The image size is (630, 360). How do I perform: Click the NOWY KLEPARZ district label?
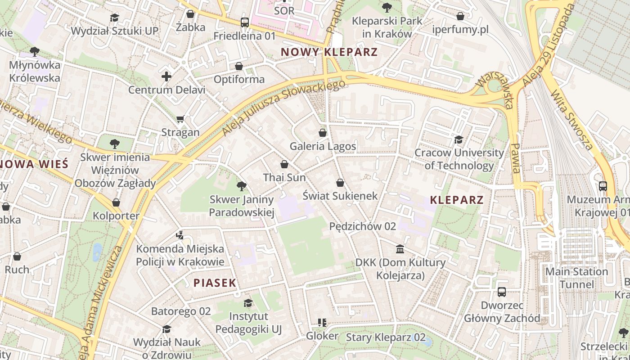click(329, 52)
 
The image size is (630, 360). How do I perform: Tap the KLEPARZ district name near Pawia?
click(457, 200)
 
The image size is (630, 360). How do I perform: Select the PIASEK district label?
click(215, 283)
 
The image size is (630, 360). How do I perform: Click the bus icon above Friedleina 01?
click(244, 22)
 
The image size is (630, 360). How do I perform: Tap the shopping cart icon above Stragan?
click(180, 119)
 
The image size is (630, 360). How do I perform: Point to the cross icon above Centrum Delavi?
click(166, 76)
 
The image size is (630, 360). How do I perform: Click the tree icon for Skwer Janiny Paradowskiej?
click(242, 186)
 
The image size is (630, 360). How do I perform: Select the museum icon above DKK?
click(400, 249)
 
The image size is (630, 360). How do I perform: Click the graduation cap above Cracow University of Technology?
click(459, 139)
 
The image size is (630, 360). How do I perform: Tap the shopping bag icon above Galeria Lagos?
click(323, 133)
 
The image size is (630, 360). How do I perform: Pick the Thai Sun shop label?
click(284, 177)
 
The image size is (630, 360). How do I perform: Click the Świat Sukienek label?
click(340, 196)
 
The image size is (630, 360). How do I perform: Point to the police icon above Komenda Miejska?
click(180, 235)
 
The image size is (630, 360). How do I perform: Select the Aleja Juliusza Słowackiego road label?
click(284, 108)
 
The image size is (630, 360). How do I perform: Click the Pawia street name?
click(516, 158)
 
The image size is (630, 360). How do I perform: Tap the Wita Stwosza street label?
click(571, 120)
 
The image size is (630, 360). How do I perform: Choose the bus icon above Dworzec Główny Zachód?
click(502, 292)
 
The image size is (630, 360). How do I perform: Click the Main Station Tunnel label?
click(576, 278)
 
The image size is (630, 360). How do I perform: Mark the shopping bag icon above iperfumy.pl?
click(460, 17)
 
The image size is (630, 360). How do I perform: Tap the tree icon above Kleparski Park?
click(387, 7)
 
